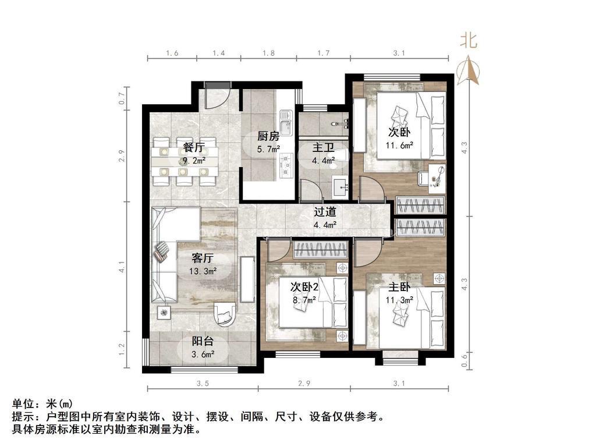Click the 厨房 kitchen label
coord(268,136)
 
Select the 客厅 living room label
coord(203,258)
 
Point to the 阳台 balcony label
coord(203,341)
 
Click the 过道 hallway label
coord(325,211)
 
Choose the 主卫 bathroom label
coord(323,147)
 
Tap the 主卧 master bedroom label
coord(399,287)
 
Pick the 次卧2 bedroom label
coord(304,286)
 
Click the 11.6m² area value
coord(399,145)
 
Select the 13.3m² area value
coord(203,271)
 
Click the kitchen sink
coord(285,122)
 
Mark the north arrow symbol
coord(469,70)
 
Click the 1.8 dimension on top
coord(269,53)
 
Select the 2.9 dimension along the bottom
coord(304,383)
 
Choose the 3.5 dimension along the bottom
coord(203,383)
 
